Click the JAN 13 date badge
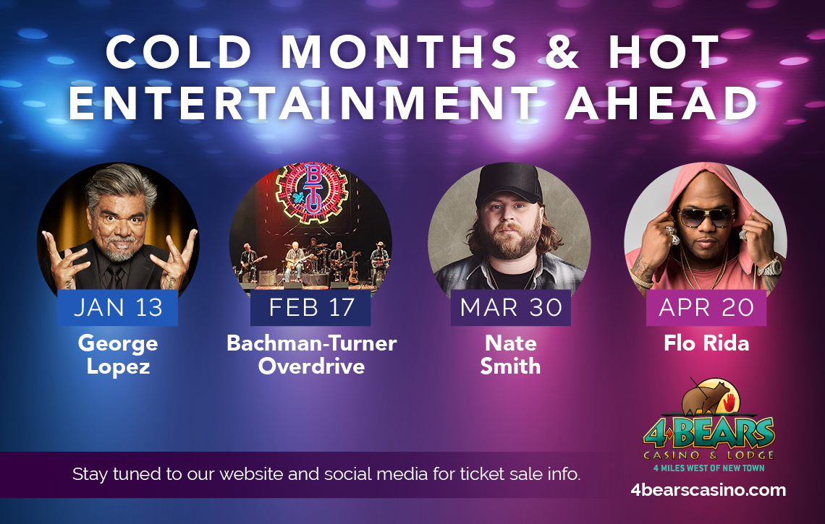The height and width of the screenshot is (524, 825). coord(117,307)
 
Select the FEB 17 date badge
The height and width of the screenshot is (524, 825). coord(310,307)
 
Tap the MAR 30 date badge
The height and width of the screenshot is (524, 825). coord(511,307)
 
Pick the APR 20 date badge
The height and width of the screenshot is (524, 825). coord(706,307)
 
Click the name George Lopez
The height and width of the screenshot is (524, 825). coord(118,355)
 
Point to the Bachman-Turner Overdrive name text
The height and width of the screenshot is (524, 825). coord(311,355)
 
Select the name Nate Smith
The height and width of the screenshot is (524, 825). coord(510,355)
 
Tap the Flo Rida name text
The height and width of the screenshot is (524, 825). coord(706,343)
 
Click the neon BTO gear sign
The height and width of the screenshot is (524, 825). coord(312,192)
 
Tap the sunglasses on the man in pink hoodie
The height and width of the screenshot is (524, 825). coord(705,216)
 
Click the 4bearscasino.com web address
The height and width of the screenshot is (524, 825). coord(708,490)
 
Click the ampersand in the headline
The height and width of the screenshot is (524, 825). coord(562,51)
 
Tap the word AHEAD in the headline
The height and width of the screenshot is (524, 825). coord(661,103)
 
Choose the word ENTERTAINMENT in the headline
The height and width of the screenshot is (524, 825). coord(304,103)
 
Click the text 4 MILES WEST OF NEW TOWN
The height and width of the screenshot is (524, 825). coord(708,468)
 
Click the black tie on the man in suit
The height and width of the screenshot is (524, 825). coord(114,276)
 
